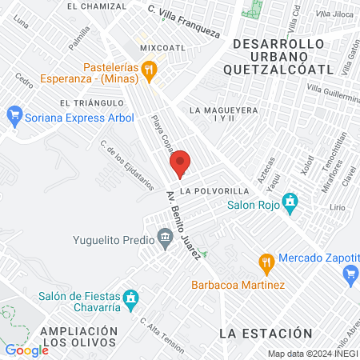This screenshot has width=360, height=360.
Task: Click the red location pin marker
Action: pos(180,163)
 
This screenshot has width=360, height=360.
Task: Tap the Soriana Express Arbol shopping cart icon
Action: pos(13,115)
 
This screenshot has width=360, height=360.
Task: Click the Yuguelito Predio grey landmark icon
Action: pos(165,237)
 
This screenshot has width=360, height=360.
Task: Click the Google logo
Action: pos(26,350)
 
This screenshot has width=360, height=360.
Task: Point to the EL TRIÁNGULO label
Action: pos(90,103)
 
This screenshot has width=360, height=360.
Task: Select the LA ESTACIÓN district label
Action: pos(265,332)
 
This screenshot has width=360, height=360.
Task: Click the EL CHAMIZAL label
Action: pos(97,6)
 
